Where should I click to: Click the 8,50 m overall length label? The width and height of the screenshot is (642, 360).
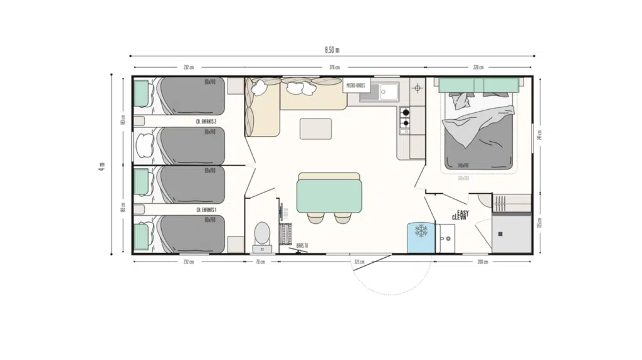click(332, 49)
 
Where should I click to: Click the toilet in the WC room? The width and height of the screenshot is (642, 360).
click(262, 233)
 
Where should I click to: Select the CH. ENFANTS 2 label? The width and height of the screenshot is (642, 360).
click(206, 122)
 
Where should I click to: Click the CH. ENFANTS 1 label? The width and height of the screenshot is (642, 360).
click(206, 209)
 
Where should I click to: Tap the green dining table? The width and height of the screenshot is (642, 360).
click(330, 196)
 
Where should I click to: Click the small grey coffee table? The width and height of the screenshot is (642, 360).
click(316, 128)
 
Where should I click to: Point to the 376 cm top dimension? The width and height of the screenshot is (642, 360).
click(334, 68)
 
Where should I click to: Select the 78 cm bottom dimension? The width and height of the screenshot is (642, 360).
click(260, 262)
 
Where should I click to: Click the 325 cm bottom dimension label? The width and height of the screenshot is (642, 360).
click(359, 262)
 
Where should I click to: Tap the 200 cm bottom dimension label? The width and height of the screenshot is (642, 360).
click(482, 262)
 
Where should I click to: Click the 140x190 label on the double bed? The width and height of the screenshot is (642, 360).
click(480, 166)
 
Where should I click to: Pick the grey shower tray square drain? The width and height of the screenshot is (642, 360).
click(501, 233)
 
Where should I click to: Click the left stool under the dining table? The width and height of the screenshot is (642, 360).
click(315, 218)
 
